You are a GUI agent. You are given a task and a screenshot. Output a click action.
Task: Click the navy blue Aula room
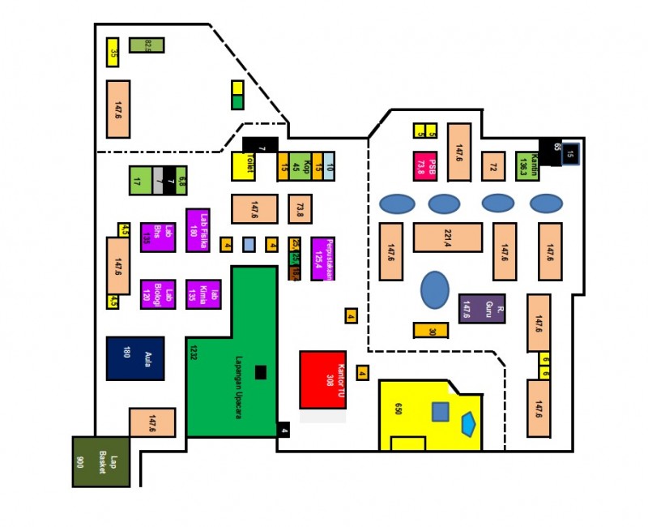click(x=135, y=358)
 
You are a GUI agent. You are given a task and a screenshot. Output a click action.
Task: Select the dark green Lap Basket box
click(x=101, y=461)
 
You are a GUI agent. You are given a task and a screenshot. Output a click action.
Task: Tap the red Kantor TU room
click(x=323, y=379)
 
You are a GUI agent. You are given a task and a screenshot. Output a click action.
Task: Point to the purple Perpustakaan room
click(x=323, y=259)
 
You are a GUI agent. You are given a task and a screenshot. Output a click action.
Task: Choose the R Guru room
click(x=482, y=308)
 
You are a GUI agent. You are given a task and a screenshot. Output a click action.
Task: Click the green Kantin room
click(x=527, y=166)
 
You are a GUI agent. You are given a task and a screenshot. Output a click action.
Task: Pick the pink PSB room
click(x=425, y=166)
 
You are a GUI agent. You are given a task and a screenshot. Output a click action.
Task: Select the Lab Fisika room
click(x=198, y=230)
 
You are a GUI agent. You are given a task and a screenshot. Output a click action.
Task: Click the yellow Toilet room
click(x=244, y=166)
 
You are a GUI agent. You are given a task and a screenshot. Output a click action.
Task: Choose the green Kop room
click(x=301, y=166)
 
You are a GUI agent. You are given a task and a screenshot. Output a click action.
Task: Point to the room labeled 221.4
click(x=448, y=237)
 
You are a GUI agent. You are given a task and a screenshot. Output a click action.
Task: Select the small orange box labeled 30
click(x=431, y=331)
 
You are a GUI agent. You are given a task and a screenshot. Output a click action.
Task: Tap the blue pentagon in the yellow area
click(x=468, y=422)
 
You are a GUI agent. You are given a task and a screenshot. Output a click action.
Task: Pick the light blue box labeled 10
click(x=329, y=166)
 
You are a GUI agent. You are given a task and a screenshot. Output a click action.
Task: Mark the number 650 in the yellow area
click(x=399, y=408)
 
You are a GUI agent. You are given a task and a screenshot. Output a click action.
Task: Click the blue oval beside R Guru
click(x=435, y=289)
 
